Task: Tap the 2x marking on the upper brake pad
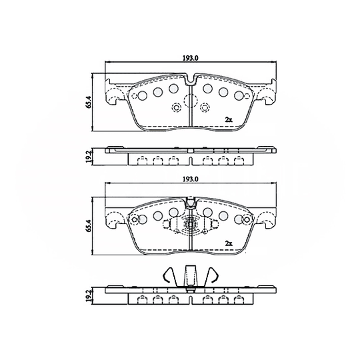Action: [x=228, y=119]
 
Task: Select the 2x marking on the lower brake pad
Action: [x=228, y=244]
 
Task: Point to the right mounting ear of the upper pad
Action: [x=269, y=93]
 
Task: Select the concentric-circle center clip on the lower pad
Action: [x=191, y=227]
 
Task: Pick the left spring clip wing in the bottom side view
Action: [x=170, y=275]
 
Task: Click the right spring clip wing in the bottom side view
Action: [x=213, y=275]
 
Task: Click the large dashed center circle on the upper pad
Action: [x=191, y=102]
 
